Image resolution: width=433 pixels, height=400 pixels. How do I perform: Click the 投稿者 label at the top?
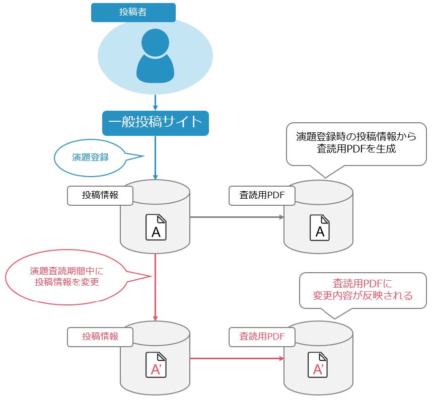point(133,13)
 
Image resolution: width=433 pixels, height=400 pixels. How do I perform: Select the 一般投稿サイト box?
point(155,123)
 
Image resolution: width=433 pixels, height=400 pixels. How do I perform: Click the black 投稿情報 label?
point(100,195)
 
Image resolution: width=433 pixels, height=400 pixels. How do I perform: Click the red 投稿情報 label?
point(100,336)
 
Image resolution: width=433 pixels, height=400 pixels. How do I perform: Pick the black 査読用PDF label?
point(262,195)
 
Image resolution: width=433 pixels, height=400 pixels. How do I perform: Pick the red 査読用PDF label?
point(262,336)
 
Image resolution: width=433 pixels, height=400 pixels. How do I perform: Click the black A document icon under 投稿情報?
point(156,227)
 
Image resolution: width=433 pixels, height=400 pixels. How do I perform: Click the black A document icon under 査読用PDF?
point(319,227)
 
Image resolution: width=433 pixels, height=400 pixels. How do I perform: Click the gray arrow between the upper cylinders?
point(237,217)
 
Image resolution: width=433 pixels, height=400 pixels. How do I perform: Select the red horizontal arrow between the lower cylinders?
point(237,358)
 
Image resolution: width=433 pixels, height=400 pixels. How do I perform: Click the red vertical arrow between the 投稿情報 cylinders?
point(156,287)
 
